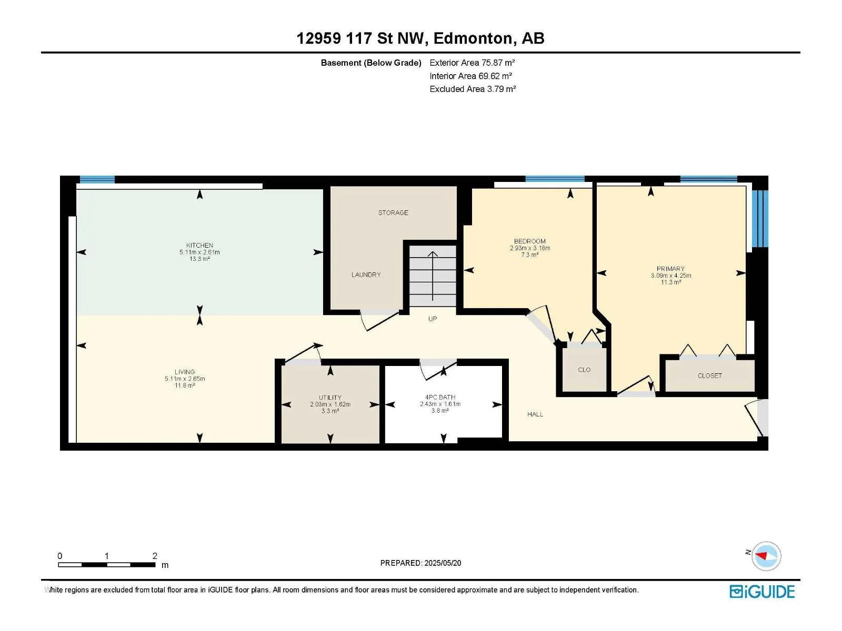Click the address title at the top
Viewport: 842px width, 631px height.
(x=420, y=38)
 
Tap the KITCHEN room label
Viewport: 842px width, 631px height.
(x=199, y=245)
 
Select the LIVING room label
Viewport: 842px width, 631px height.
(x=185, y=372)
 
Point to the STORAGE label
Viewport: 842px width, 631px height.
(x=393, y=212)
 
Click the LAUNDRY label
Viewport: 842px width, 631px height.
(x=366, y=274)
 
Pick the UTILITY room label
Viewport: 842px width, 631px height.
(x=330, y=398)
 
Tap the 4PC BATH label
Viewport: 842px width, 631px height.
(x=440, y=398)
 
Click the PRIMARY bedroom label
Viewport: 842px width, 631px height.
(x=670, y=269)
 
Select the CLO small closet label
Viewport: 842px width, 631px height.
(x=584, y=370)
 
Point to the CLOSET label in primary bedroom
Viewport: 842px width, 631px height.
(x=710, y=376)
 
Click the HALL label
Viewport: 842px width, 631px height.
(x=535, y=414)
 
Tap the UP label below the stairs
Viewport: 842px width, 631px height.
(x=433, y=319)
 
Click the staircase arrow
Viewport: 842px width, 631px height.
(x=433, y=276)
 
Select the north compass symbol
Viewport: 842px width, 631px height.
(x=766, y=556)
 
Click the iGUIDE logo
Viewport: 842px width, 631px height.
(x=762, y=592)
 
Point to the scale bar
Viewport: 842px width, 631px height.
(x=107, y=564)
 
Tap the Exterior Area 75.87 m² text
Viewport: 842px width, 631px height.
(x=472, y=63)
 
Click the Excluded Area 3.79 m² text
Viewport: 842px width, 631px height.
(x=473, y=89)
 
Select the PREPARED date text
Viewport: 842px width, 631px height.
(x=421, y=563)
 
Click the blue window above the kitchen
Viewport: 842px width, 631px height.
(x=97, y=179)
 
